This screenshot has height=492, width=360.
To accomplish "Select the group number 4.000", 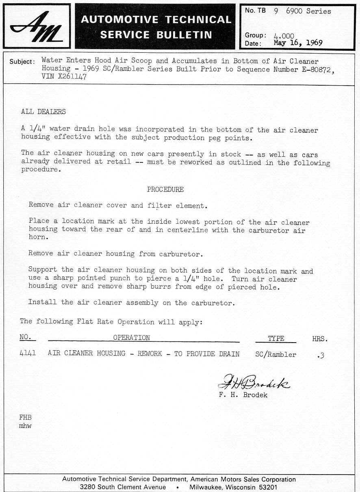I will (x=284, y=36).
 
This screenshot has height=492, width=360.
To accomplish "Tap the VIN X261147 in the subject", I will (x=64, y=77).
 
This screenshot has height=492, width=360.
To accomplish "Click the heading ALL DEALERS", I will (x=43, y=112).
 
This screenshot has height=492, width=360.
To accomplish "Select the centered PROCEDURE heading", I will (x=165, y=190).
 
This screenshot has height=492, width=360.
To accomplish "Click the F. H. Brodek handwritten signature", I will (x=254, y=382).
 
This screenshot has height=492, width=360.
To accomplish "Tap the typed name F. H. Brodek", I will (x=243, y=395).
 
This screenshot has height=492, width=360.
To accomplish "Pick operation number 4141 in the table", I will (x=28, y=353).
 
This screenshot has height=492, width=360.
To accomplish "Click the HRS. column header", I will (x=320, y=339).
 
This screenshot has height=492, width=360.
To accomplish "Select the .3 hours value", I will (x=321, y=356).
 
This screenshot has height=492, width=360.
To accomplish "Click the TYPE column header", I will (x=276, y=339).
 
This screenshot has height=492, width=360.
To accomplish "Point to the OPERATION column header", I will (x=131, y=338).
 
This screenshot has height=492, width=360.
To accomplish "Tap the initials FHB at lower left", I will (x=25, y=417).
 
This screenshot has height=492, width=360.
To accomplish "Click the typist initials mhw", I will (x=25, y=426).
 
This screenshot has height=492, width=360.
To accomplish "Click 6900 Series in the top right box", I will (x=308, y=11).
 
